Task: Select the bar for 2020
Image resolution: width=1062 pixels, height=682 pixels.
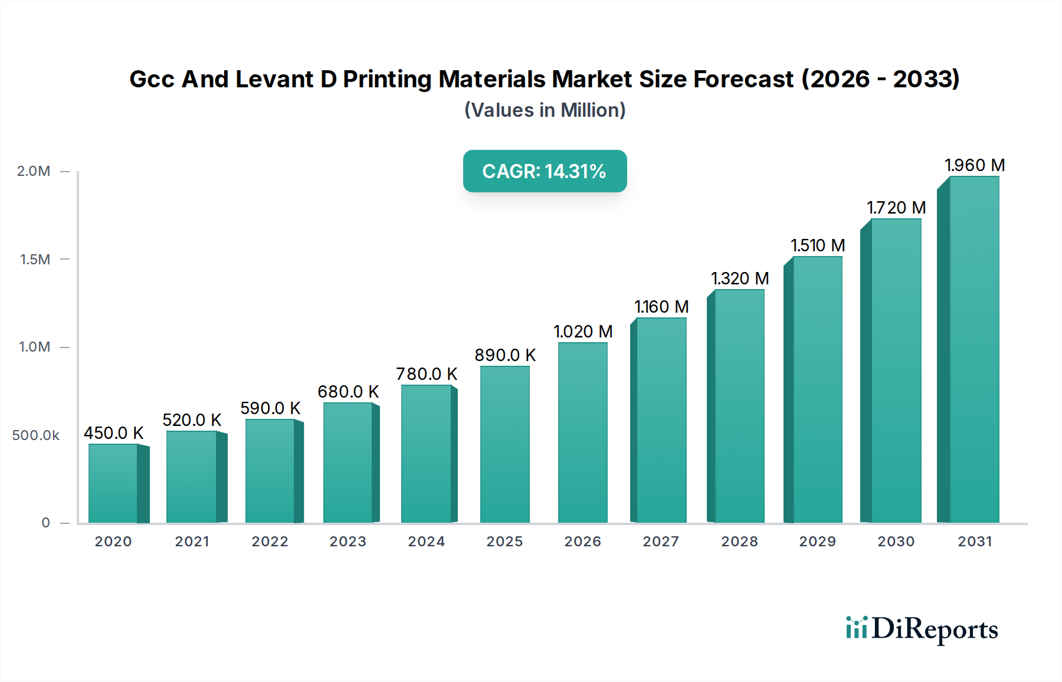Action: [x=113, y=483]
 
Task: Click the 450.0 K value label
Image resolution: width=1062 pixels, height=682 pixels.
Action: [x=114, y=433]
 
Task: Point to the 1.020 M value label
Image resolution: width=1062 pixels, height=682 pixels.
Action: [x=583, y=332]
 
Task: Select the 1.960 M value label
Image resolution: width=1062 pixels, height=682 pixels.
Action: [x=975, y=165]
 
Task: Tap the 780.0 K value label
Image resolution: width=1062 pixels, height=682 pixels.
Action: [x=427, y=374]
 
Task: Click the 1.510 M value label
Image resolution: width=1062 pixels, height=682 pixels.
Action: [x=818, y=245]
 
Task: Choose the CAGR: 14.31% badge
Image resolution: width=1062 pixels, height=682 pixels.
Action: [x=545, y=171]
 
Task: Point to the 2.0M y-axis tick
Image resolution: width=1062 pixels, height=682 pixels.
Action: [x=34, y=171]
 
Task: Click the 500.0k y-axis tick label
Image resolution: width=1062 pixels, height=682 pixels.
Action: [x=35, y=435]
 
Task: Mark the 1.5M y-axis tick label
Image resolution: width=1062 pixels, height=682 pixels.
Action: [x=35, y=260]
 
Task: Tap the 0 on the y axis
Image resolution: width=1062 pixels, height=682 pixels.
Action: [x=45, y=523]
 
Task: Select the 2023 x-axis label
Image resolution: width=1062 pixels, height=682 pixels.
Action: [x=348, y=542]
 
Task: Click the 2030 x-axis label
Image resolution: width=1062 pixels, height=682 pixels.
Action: [x=896, y=542]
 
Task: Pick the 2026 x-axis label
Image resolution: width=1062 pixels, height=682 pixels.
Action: [x=582, y=542]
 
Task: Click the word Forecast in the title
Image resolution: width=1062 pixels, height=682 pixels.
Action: [x=743, y=79]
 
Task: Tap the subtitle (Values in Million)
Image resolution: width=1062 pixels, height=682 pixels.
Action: [x=545, y=110]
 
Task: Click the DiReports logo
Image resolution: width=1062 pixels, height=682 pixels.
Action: [x=922, y=629]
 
